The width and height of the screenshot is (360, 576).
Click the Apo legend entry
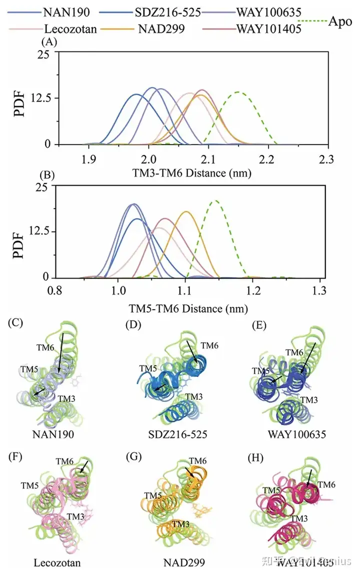340,23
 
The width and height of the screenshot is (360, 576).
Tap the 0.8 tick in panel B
57,290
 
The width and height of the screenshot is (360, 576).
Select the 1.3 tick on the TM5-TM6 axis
319,290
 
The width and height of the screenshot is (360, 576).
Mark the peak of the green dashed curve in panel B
215,201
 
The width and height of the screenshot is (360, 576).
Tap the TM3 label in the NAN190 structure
67,399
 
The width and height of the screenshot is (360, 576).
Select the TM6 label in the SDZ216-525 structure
209,345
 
